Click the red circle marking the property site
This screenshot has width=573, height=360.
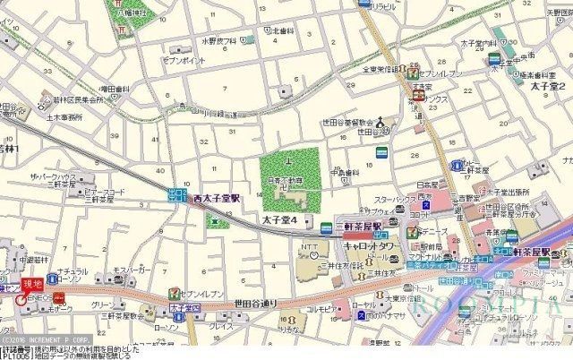tap(21, 299)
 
